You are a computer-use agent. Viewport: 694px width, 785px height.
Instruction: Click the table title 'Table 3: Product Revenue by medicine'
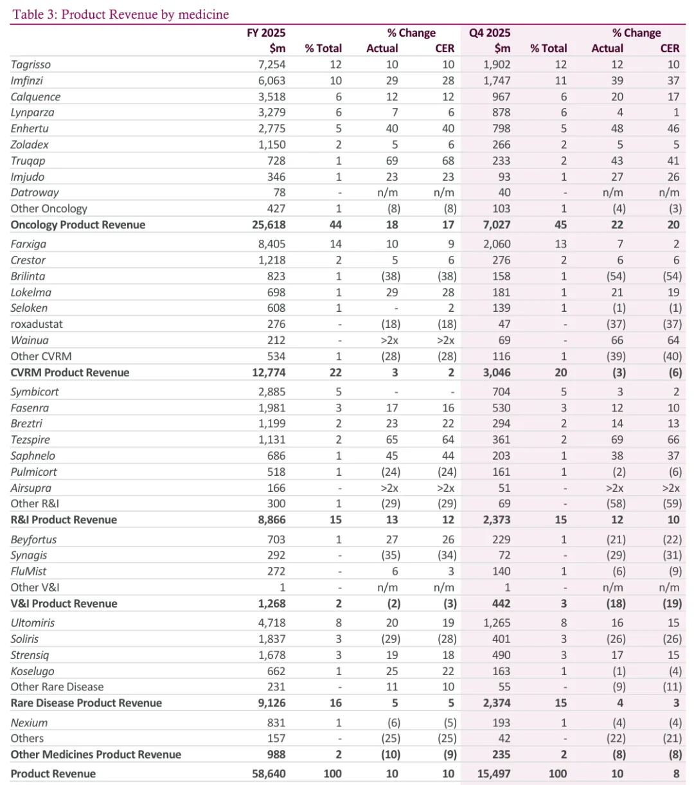point(120,14)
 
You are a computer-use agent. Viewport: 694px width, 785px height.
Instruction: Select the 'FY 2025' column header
point(266,33)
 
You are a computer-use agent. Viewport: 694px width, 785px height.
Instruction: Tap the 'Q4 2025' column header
point(490,33)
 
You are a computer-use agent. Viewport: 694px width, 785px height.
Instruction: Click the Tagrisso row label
point(31,64)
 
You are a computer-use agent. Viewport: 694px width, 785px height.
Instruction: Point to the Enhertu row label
point(30,129)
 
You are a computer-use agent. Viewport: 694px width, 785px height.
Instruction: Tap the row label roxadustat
point(37,324)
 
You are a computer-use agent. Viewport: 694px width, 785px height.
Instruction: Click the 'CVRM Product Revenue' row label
point(70,372)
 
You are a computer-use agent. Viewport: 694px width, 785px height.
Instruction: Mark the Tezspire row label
point(30,440)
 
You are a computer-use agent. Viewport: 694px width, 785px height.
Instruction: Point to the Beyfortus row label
point(33,539)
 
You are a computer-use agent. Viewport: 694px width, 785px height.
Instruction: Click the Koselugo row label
point(32,671)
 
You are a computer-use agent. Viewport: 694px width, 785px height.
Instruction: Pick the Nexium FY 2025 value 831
point(275,723)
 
